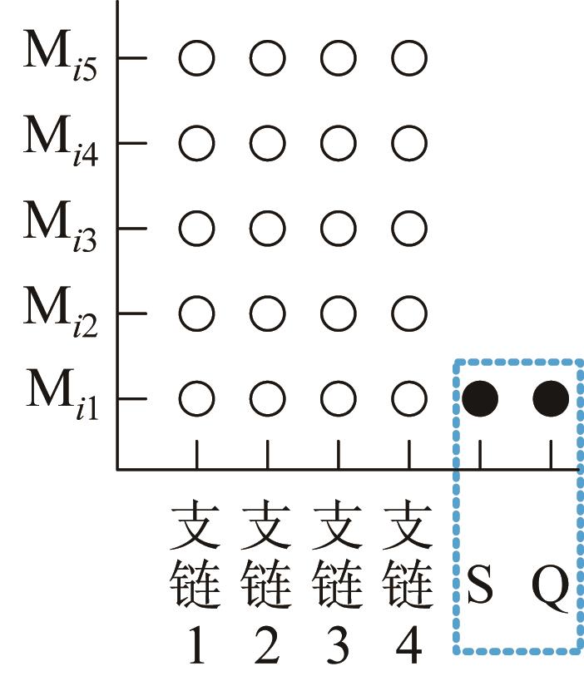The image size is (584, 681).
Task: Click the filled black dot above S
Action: tap(480, 399)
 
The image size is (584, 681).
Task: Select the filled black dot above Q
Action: tap(551, 399)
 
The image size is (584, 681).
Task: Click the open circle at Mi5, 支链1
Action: tap(197, 58)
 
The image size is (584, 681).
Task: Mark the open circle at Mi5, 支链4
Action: tap(408, 58)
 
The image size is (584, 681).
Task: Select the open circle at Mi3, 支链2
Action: tap(268, 228)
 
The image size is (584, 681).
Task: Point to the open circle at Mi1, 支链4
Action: tap(408, 399)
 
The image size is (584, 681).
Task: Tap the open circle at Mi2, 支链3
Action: tap(339, 313)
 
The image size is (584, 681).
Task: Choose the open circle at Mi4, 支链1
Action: tap(197, 143)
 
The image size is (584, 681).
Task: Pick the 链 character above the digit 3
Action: tap(339, 586)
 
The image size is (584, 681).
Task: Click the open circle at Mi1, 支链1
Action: tap(197, 399)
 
